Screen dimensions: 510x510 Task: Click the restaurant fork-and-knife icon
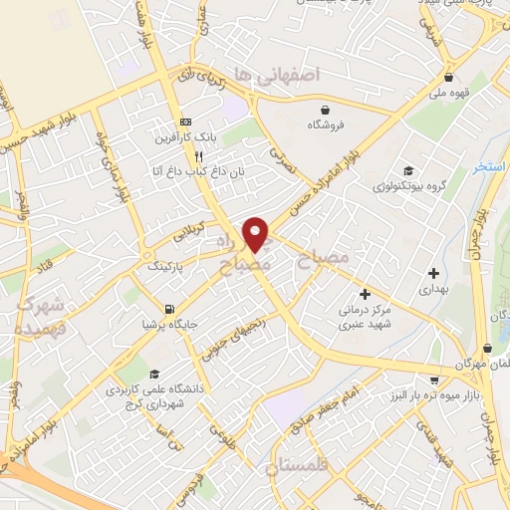click(199, 156)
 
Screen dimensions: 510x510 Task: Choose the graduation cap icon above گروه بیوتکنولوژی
click(406, 168)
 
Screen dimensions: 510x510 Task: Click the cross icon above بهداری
click(433, 272)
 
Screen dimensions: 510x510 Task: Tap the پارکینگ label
click(166, 267)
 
